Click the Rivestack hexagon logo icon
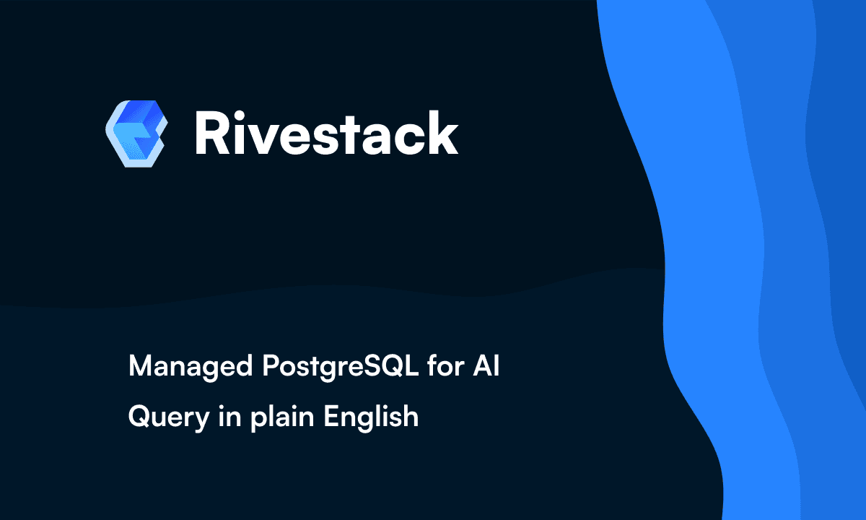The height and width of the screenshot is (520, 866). point(136,134)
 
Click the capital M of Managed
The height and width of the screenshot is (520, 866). point(139,368)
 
